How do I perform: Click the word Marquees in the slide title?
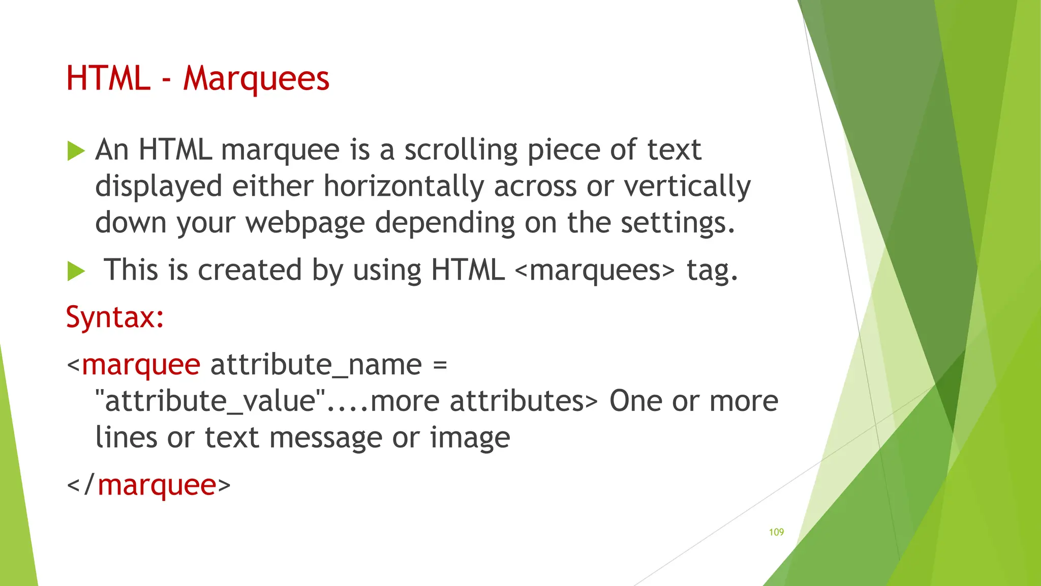(256, 79)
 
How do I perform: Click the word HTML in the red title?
(108, 79)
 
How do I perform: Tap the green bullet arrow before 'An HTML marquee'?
(76, 151)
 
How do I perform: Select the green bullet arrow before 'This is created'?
(76, 271)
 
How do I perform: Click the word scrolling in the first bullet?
(461, 151)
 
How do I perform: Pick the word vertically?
(687, 186)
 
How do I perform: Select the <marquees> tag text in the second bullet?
(595, 270)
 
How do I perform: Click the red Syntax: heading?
(115, 317)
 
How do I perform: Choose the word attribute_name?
(316, 365)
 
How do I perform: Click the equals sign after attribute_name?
(440, 365)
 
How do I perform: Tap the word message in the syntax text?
(325, 438)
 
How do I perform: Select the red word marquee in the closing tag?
(157, 485)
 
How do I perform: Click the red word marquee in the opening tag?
(141, 365)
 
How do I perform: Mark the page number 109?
(776, 532)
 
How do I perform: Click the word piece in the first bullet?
(563, 151)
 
